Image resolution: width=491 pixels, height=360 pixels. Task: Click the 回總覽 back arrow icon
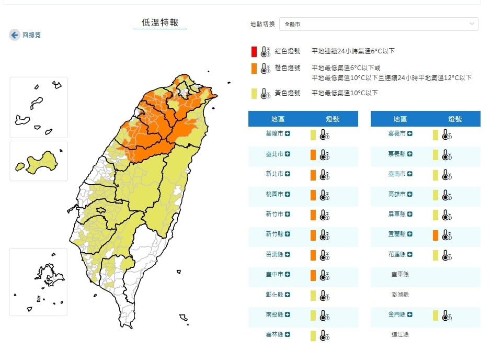[15, 35]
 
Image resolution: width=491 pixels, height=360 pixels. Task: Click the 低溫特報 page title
[160, 22]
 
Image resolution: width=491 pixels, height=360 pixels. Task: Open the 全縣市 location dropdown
[379, 24]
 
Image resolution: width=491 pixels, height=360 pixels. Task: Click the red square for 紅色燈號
[254, 51]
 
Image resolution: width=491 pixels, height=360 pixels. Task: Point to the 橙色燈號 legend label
[287, 68]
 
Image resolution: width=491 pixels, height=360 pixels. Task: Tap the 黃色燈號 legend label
[287, 93]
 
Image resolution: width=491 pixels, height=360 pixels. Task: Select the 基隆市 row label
[275, 134]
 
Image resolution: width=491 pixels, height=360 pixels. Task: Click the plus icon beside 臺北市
[288, 154]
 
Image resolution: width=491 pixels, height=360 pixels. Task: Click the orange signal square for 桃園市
[313, 195]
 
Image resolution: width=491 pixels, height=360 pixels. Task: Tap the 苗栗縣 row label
[275, 254]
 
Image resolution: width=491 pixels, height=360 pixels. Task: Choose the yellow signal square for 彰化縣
[313, 296]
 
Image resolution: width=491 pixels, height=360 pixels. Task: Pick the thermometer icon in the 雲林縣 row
[325, 336]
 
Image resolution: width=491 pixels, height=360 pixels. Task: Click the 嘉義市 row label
[397, 134]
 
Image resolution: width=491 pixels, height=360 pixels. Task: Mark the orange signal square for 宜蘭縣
[435, 235]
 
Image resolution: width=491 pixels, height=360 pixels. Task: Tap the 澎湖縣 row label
[401, 295]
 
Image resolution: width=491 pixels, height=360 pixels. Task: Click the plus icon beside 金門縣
[410, 315]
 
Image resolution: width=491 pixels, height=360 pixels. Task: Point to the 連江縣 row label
[401, 335]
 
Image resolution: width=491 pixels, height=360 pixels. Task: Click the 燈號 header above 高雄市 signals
[455, 119]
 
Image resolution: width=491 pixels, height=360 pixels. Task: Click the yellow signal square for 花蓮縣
[435, 255]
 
